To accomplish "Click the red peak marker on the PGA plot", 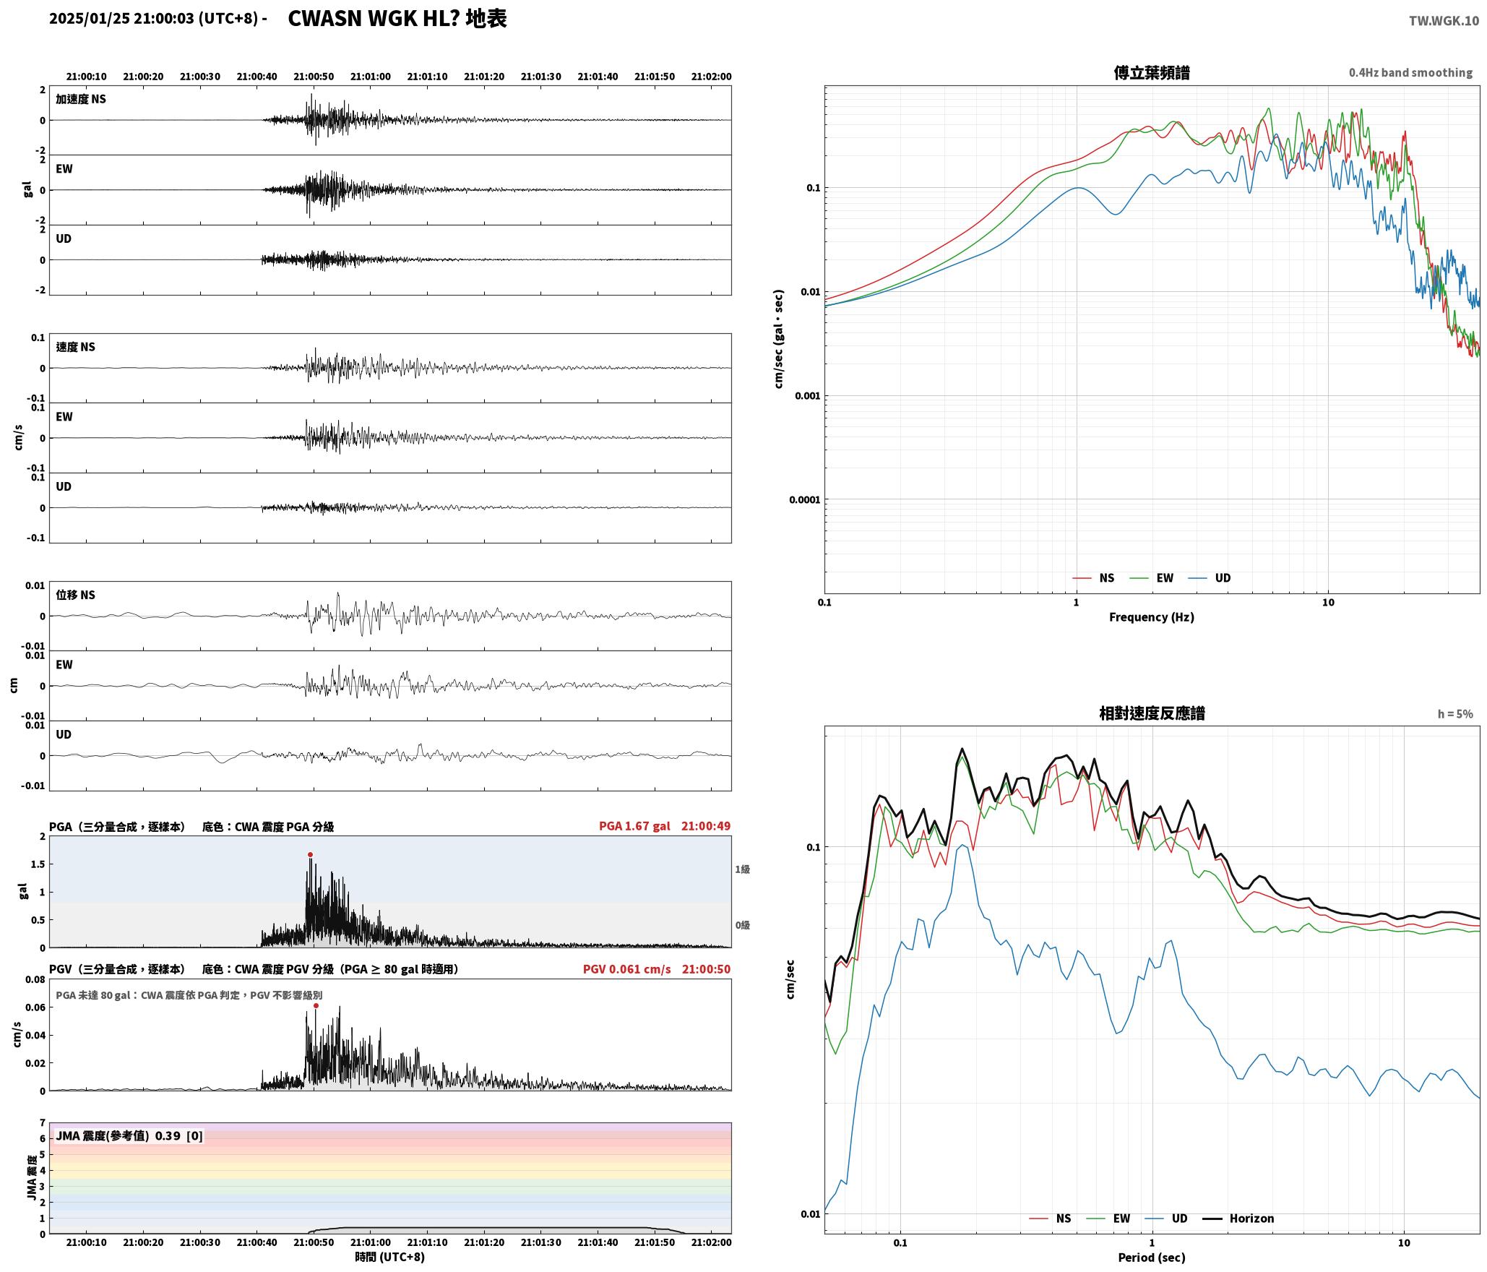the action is pyautogui.click(x=310, y=854).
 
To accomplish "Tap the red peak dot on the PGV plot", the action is pyautogui.click(x=316, y=1005).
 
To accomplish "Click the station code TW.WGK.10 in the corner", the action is pyautogui.click(x=1444, y=20).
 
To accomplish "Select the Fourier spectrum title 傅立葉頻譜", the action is pyautogui.click(x=1152, y=72).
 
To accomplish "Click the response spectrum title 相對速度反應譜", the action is pyautogui.click(x=1152, y=713).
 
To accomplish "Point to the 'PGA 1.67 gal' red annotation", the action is pyautogui.click(x=634, y=825).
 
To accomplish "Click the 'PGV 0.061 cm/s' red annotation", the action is pyautogui.click(x=626, y=968).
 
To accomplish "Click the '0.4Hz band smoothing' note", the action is pyautogui.click(x=1410, y=72).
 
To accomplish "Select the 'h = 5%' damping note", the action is pyautogui.click(x=1454, y=713).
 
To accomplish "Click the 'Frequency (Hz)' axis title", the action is pyautogui.click(x=1152, y=616).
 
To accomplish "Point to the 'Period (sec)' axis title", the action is pyautogui.click(x=1152, y=1257).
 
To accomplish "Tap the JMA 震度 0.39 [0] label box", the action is pyautogui.click(x=129, y=1135).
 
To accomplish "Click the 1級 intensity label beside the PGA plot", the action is pyautogui.click(x=742, y=869).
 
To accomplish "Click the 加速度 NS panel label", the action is pyautogui.click(x=81, y=99).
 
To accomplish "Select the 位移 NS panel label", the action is pyautogui.click(x=76, y=595).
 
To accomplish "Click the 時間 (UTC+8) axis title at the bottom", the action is pyautogui.click(x=389, y=1257).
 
